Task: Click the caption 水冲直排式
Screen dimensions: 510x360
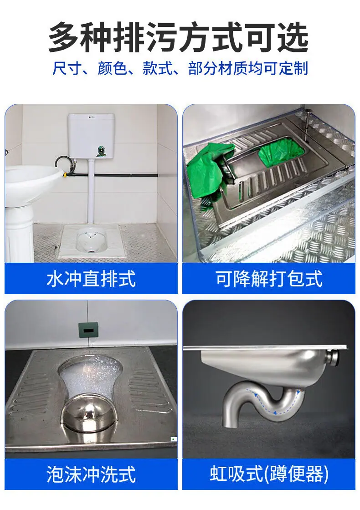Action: [x=91, y=279]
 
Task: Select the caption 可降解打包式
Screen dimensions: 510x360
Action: [x=269, y=279]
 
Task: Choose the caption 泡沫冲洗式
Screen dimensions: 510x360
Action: [x=91, y=474]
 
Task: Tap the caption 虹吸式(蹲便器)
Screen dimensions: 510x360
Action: [x=269, y=474]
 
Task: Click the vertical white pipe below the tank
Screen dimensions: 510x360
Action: [x=91, y=191]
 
